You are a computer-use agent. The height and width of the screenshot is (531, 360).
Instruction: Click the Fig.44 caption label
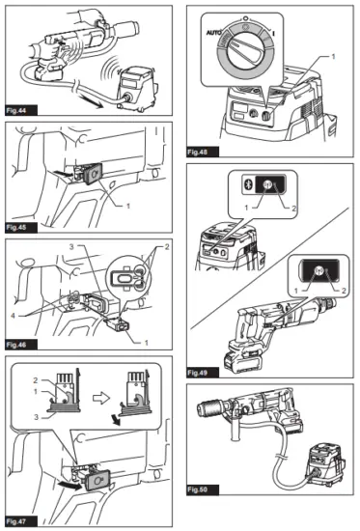[x=20, y=112]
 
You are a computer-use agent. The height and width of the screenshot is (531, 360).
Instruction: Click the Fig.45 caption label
[x=20, y=226]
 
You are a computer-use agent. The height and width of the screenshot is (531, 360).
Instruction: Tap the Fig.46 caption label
[x=20, y=343]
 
